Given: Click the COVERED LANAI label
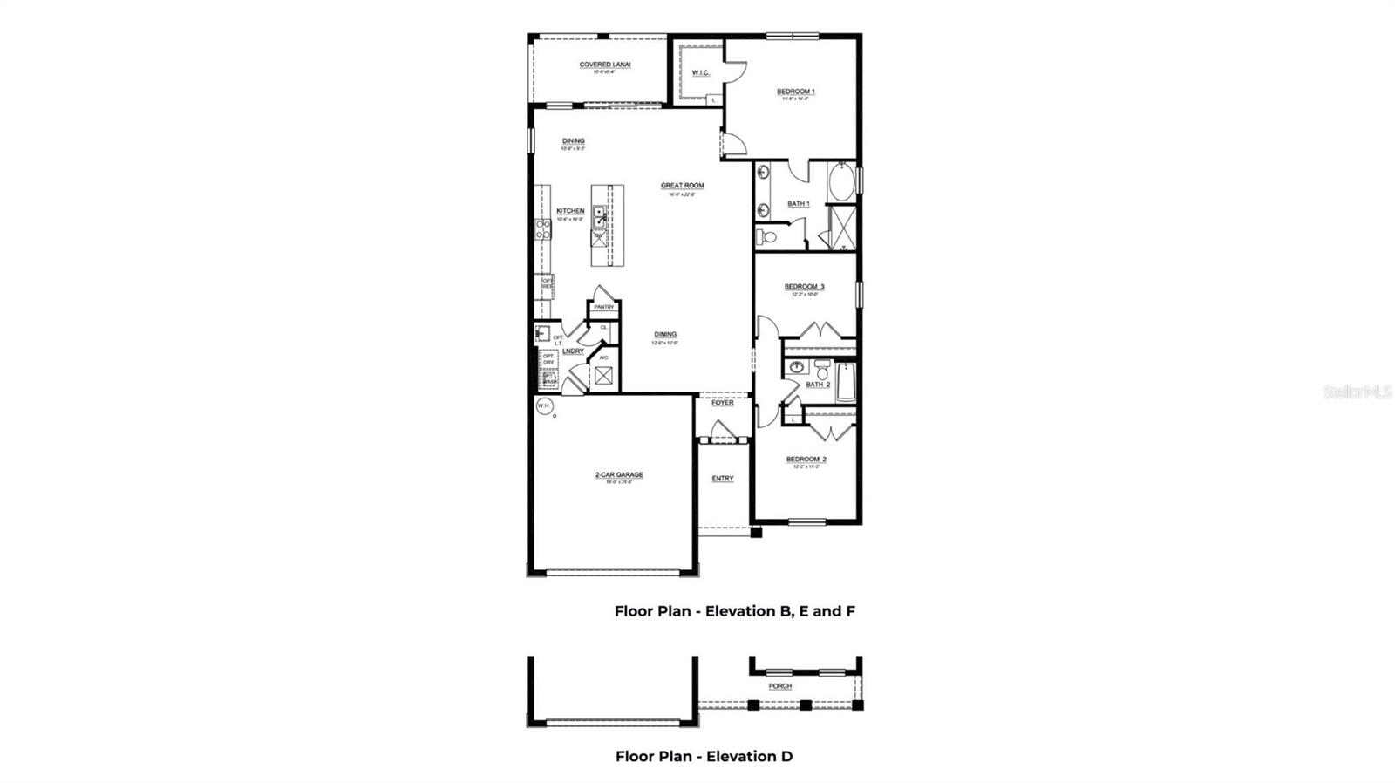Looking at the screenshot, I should tap(605, 65).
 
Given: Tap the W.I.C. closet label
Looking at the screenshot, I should tap(700, 73).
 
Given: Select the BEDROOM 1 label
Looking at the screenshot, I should tap(795, 92).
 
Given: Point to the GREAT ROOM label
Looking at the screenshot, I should tap(682, 186).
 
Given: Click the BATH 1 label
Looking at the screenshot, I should tap(799, 203).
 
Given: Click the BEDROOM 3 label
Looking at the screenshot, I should tap(804, 287).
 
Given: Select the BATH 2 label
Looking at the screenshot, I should tap(817, 385).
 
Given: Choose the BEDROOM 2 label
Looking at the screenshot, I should tap(806, 460).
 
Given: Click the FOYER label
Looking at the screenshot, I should tap(723, 403).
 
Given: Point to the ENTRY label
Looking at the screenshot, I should tap(723, 479).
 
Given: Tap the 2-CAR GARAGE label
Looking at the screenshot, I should tap(619, 475).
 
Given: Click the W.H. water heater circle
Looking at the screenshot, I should tap(544, 406).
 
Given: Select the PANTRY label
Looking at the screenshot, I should tap(603, 307).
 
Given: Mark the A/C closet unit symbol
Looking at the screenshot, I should tap(603, 376).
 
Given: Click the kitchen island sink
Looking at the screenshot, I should tap(600, 216).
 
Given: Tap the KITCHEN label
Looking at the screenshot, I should tap(570, 211).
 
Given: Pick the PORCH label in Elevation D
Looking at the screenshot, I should tap(779, 686).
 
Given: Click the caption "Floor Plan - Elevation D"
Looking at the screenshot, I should tap(704, 757).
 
